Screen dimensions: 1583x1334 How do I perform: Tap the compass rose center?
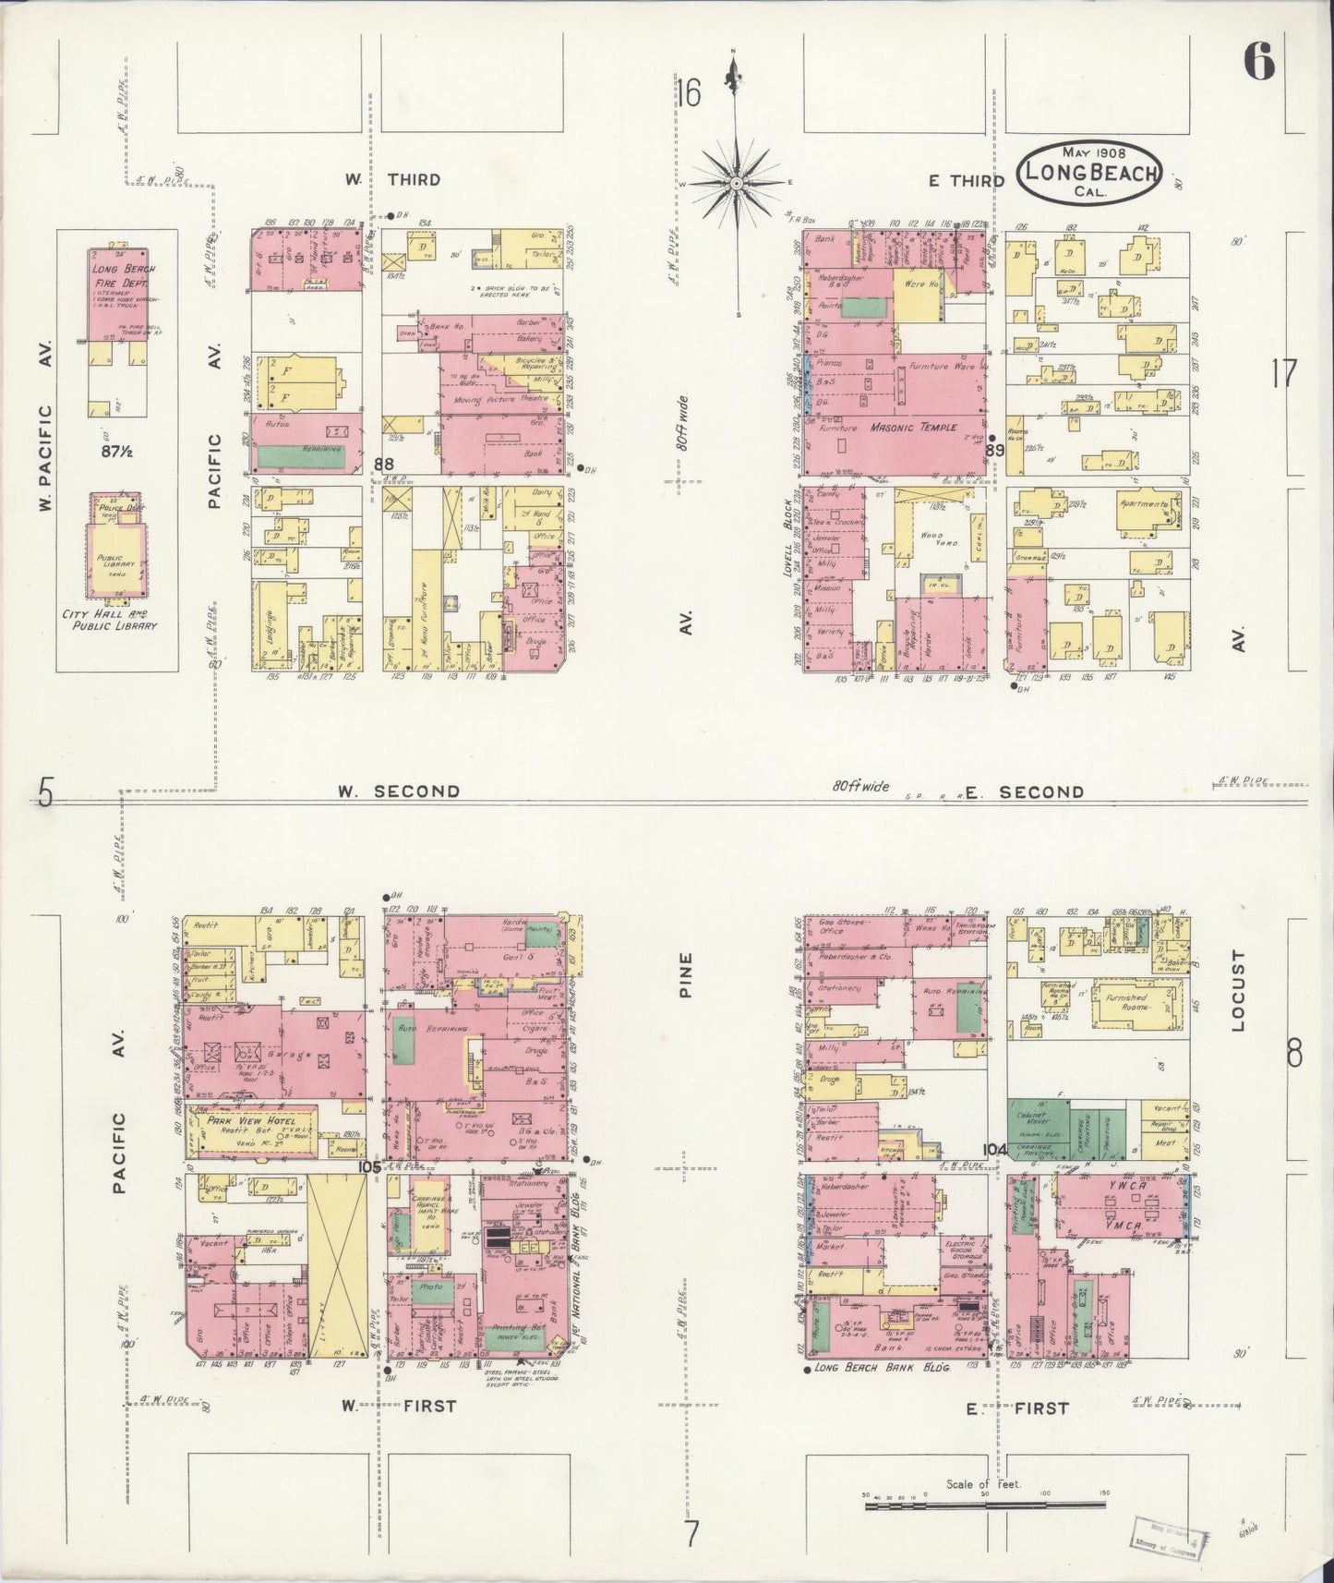(x=736, y=184)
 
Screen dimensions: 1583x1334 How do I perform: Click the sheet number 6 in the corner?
(x=1258, y=63)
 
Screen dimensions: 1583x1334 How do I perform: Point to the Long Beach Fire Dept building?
(x=117, y=294)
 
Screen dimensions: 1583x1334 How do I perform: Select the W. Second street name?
(x=397, y=791)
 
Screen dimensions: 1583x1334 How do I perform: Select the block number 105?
(x=370, y=1167)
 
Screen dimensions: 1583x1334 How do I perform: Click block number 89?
(x=994, y=450)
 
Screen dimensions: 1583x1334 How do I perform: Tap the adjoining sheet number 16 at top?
(x=688, y=92)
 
